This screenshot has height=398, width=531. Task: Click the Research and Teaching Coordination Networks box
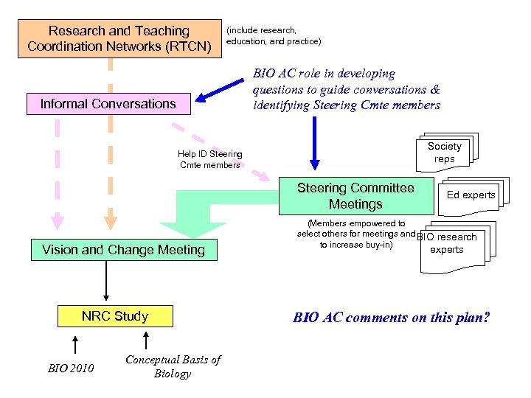(119, 39)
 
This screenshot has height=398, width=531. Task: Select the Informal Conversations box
(108, 104)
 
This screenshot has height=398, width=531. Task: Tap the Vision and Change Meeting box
(123, 250)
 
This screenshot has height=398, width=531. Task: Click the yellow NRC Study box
(115, 316)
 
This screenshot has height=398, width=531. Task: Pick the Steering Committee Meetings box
(355, 196)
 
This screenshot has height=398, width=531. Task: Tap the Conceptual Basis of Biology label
(173, 366)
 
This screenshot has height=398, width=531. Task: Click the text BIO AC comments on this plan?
(391, 318)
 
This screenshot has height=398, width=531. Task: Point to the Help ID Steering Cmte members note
(209, 159)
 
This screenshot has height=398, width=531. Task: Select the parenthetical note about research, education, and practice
(274, 35)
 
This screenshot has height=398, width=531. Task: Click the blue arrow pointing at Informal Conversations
(221, 91)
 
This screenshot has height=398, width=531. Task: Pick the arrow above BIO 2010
(74, 343)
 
